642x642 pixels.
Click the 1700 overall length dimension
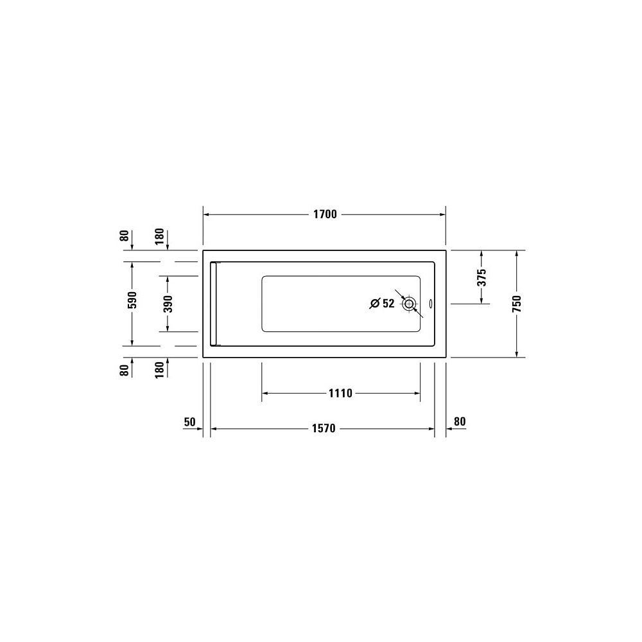tap(325, 214)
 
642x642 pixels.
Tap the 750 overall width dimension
tap(517, 304)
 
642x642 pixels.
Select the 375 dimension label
tap(482, 277)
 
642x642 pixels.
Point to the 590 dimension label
tap(132, 300)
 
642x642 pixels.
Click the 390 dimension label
tap(168, 304)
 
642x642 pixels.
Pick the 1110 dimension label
tap(340, 394)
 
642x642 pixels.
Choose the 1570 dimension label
tap(324, 429)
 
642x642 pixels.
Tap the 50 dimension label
tap(189, 422)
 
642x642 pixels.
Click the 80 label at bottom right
tap(460, 421)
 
